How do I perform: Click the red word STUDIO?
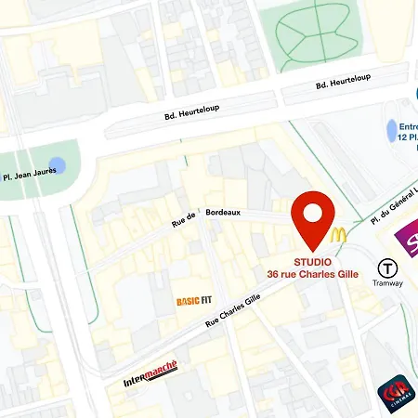pyautogui.click(x=313, y=262)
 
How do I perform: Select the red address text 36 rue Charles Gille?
pyautogui.click(x=312, y=274)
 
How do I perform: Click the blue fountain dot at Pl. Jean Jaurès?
pyautogui.click(x=57, y=166)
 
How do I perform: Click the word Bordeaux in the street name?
pyautogui.click(x=223, y=212)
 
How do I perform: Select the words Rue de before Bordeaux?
pyautogui.click(x=183, y=220)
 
